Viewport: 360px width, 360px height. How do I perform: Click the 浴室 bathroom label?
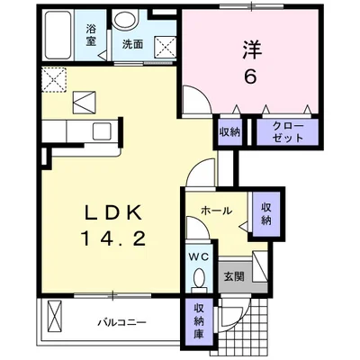point(91,33)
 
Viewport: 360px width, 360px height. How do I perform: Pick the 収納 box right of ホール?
point(267,214)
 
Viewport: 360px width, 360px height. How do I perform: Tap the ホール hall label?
point(217,211)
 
